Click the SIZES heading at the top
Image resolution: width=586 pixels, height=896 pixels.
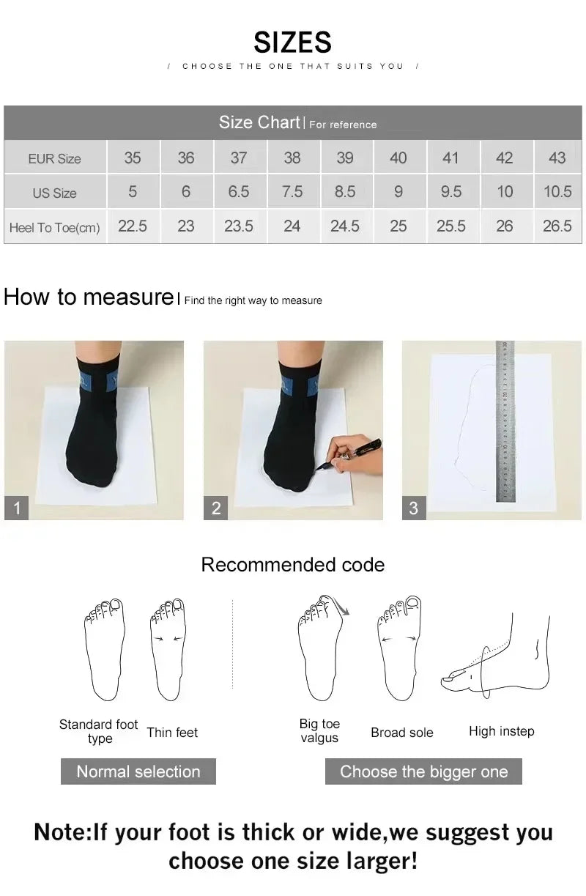click(292, 42)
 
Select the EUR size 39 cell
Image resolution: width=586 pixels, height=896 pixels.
click(345, 158)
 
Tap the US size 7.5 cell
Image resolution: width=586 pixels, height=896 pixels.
click(292, 192)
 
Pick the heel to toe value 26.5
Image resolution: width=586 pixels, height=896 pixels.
click(557, 226)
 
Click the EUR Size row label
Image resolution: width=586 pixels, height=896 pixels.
click(55, 158)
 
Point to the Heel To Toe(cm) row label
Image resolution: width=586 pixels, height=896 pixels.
click(55, 227)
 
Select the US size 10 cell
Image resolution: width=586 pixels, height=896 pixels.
click(505, 192)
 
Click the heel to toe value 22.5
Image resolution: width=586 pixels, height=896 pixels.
click(133, 226)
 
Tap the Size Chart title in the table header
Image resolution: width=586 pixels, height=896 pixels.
click(259, 122)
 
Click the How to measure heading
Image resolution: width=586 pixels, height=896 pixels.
click(88, 297)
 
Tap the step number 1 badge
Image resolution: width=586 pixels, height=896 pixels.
click(16, 508)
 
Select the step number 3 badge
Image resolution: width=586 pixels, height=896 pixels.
click(413, 508)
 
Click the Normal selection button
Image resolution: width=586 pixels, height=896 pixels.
click(138, 771)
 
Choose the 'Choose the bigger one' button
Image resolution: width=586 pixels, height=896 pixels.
click(423, 771)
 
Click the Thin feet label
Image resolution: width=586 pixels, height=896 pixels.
click(172, 733)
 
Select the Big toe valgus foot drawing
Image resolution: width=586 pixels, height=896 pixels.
click(321, 648)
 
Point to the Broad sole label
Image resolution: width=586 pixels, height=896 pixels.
click(401, 733)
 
